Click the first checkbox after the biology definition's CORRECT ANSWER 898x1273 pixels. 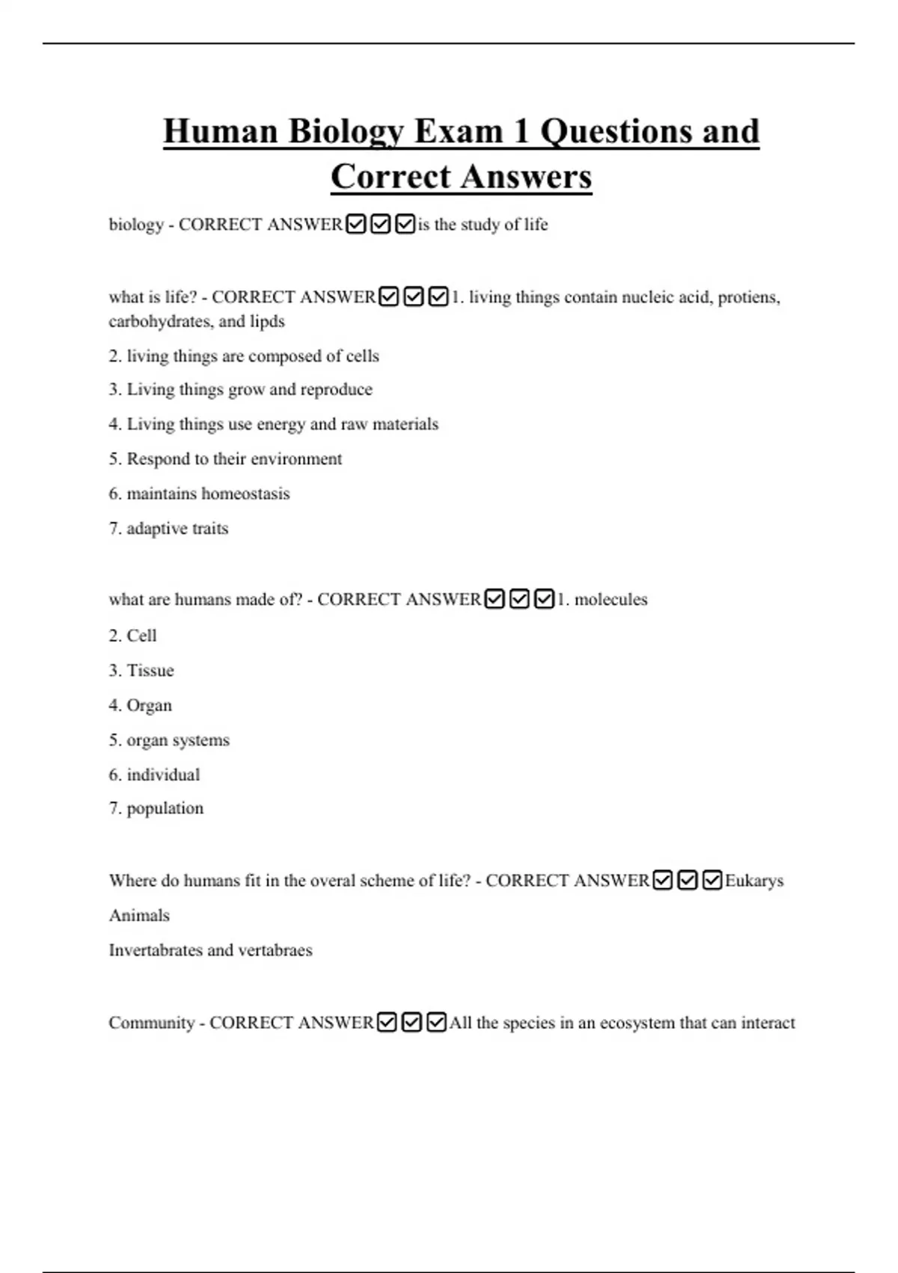[356, 224]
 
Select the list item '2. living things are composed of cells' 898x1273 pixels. [244, 356]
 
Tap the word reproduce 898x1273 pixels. [336, 389]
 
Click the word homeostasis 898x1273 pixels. [245, 493]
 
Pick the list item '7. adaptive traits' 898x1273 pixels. [168, 529]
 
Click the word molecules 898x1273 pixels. [611, 600]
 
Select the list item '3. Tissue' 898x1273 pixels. [141, 670]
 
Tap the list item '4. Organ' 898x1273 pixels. [141, 705]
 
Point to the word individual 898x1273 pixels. [163, 775]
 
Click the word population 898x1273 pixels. [165, 809]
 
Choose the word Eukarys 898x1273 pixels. [754, 881]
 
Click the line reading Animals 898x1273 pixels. [139, 915]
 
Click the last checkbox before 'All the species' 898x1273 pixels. [436, 1022]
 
